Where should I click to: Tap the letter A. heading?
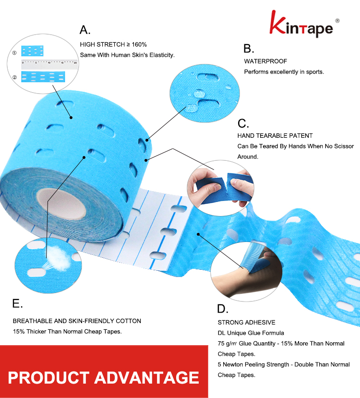click(85, 30)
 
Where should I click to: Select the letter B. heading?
click(249, 48)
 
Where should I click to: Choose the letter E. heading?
click(17, 303)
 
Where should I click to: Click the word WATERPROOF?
click(265, 61)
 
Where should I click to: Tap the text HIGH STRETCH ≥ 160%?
click(113, 44)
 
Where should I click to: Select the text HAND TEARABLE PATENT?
click(275, 136)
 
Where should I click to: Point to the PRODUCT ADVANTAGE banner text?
click(103, 377)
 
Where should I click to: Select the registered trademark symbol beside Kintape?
click(337, 21)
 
